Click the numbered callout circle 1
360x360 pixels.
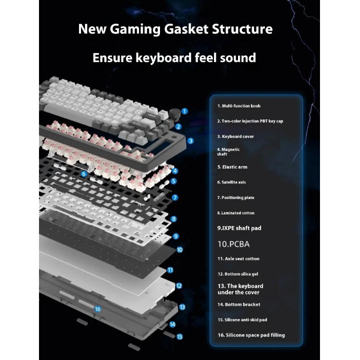coord(184,111)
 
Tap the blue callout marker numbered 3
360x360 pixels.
coord(190,141)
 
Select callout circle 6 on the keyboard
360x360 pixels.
coord(84,174)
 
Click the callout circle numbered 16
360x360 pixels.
coord(97,309)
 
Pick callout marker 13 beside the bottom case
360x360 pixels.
coord(182,307)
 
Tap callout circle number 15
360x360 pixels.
coord(179,336)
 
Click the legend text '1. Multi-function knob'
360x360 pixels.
coord(238,106)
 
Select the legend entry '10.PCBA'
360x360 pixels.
coord(233,244)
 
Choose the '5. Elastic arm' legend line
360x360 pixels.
coord(232,167)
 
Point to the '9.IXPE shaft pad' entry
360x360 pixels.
coord(239,228)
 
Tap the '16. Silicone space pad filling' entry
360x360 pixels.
coord(251,335)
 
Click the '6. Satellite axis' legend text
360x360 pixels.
coord(231,182)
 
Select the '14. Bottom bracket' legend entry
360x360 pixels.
coord(238,304)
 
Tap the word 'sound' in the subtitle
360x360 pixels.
coord(237,57)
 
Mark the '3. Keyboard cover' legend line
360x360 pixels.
coord(235,136)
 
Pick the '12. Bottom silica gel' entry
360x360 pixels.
coord(237,274)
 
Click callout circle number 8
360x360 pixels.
coord(173,219)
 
